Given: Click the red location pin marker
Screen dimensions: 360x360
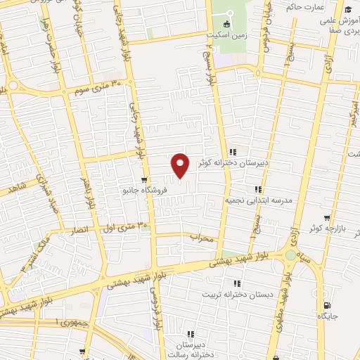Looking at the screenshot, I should [181, 165].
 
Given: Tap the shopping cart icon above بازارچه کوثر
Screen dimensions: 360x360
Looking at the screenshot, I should [326, 218].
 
